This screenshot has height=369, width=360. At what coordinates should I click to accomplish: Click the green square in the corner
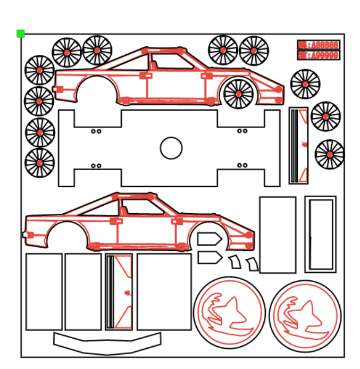coord(21,33)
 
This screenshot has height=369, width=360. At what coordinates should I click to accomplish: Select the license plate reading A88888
coord(318,45)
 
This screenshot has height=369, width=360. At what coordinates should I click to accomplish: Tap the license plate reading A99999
coord(318,55)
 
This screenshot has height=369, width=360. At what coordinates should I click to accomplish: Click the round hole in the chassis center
coord(171,148)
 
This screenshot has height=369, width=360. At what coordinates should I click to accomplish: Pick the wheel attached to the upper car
coord(238,94)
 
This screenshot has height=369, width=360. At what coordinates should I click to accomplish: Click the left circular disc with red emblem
coord(229,312)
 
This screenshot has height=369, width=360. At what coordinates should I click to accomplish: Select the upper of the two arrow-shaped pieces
coord(209,239)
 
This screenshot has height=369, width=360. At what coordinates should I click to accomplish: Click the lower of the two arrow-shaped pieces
coord(209,258)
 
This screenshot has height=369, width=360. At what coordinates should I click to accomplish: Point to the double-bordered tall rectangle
coord(320,234)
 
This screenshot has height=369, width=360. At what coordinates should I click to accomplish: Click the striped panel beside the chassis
coord(298,146)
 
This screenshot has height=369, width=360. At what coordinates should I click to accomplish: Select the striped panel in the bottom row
coord(119,292)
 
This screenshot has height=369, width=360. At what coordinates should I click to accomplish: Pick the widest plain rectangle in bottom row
coord(164,291)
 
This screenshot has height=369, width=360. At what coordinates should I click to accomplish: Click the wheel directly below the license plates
coord(305,84)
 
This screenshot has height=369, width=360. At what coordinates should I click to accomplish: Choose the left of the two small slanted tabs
coord(235,262)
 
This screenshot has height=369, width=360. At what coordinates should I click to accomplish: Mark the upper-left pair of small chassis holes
coord(96,131)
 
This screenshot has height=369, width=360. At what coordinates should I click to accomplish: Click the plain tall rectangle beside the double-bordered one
coord(278,234)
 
